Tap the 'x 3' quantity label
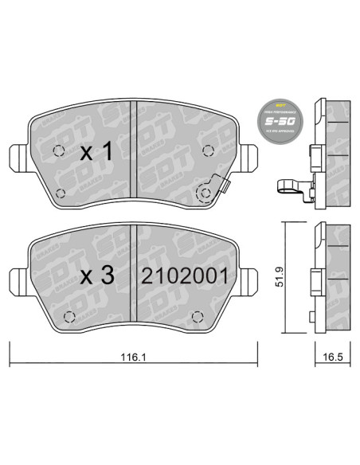[97, 275]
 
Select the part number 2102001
[185, 276]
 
